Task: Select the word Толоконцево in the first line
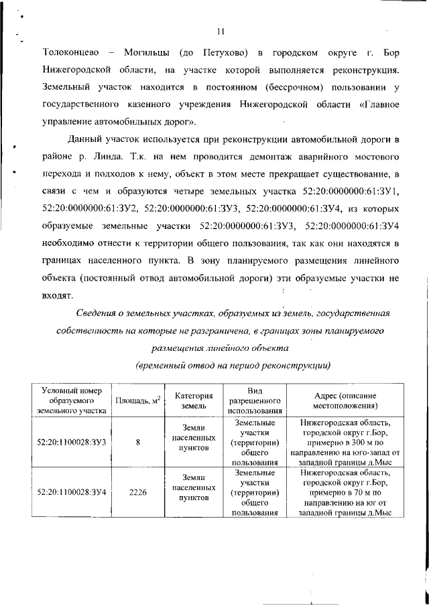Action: (x=70, y=52)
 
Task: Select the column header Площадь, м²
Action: (x=137, y=400)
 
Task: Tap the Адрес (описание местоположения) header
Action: (x=345, y=400)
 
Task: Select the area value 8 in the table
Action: (x=137, y=442)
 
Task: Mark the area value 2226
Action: (x=137, y=491)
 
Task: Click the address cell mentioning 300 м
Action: (x=345, y=442)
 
